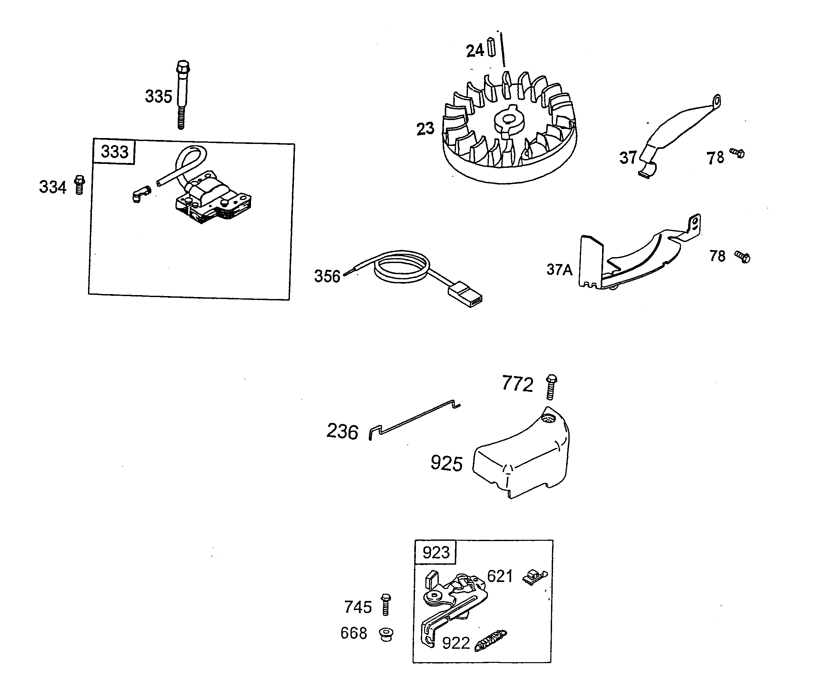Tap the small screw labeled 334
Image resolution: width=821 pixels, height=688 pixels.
click(x=80, y=185)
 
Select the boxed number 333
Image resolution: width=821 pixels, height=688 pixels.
click(x=114, y=152)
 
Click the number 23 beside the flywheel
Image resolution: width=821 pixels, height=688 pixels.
click(x=425, y=129)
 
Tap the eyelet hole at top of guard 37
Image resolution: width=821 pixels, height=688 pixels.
click(x=716, y=102)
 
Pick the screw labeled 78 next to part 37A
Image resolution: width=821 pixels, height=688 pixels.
click(x=742, y=257)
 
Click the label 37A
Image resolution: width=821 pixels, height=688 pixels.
click(x=559, y=269)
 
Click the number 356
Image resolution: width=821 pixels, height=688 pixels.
click(x=327, y=276)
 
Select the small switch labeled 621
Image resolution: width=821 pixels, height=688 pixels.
click(x=535, y=577)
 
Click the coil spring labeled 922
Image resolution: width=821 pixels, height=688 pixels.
click(x=491, y=641)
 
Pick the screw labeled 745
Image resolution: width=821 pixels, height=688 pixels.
click(x=386, y=604)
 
